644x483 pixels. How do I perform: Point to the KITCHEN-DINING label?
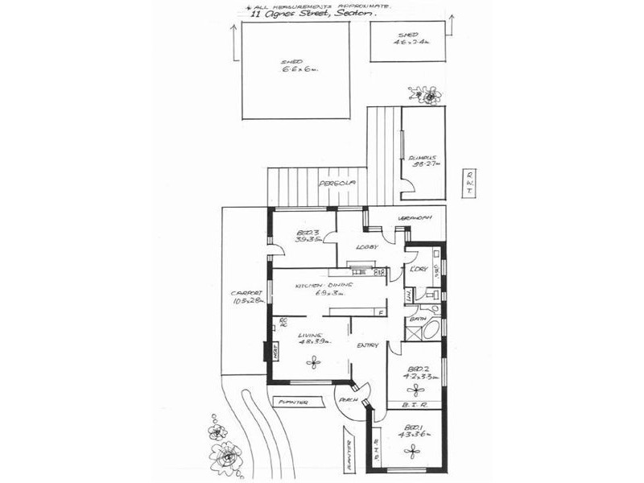click(321, 289)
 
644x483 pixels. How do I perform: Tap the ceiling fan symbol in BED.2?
click(416, 390)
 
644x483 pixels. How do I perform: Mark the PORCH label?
click(349, 400)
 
